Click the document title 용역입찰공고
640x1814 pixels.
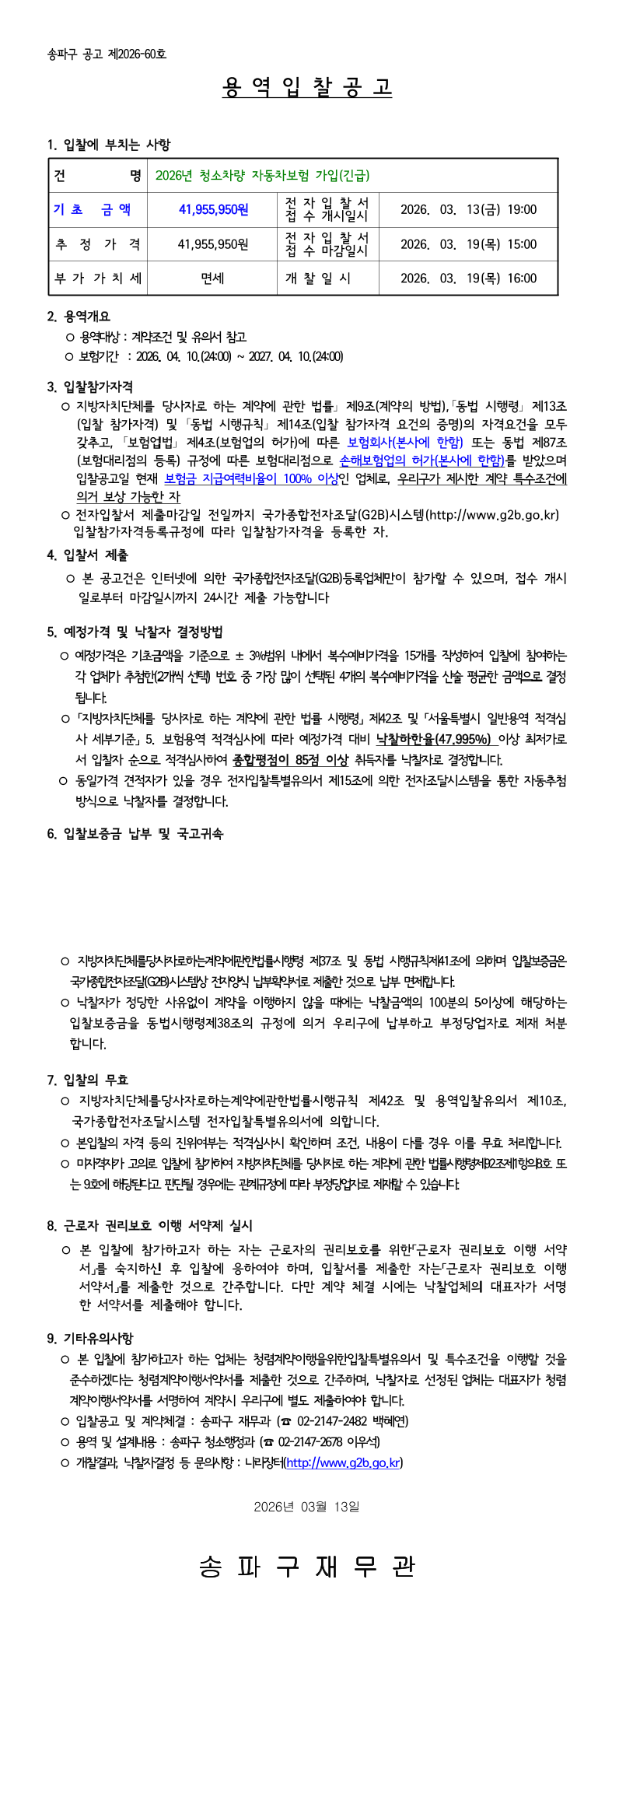point(306,87)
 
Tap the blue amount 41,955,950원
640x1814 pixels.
point(213,210)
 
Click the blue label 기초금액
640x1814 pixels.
point(92,210)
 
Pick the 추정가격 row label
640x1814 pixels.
point(97,244)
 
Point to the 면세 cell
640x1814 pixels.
point(212,278)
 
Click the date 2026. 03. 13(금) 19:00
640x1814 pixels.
point(468,210)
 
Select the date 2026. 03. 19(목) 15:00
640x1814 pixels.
point(468,244)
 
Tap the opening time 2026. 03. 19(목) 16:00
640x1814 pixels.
point(468,278)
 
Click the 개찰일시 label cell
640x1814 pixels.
point(318,278)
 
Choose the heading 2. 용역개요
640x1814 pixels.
point(79,317)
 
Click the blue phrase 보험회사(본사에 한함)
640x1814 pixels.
point(404,443)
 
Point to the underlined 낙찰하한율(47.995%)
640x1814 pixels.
point(434,739)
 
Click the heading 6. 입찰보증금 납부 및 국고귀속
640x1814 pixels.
point(135,834)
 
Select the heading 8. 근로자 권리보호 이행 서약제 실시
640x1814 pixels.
point(149,1226)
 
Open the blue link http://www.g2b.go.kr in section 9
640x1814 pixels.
point(343,1463)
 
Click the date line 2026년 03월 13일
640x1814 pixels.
point(306,1507)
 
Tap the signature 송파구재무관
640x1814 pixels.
point(306,1566)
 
